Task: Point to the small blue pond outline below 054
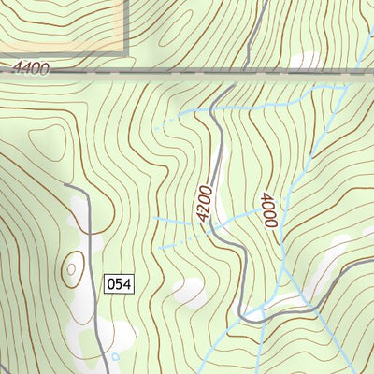(x=115, y=356)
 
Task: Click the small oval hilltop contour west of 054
(x=71, y=272)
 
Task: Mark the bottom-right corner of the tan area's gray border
(x=125, y=50)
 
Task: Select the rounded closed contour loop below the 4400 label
(x=47, y=140)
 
